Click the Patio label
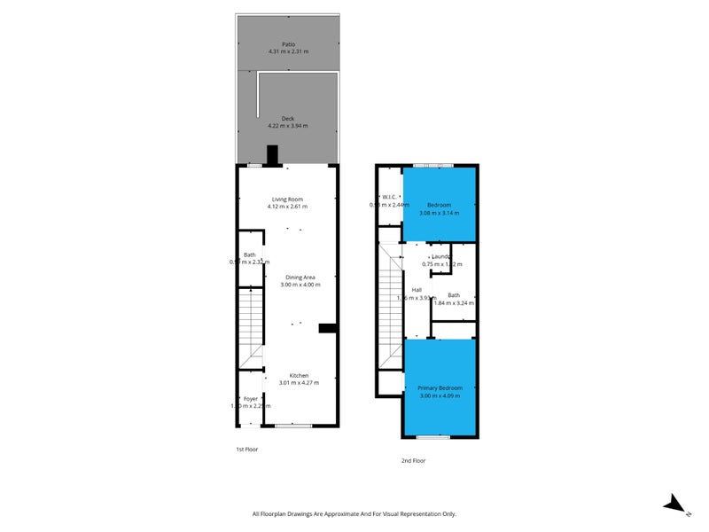(288, 43)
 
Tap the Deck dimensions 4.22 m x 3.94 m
(288, 126)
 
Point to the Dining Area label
(300, 278)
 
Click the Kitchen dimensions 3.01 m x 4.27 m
(300, 383)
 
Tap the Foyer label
(251, 399)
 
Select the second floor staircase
(391, 306)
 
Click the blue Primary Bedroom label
(441, 387)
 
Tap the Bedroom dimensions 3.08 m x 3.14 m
(440, 213)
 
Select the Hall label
(417, 290)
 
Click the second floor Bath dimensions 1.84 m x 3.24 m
(454, 303)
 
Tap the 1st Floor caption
(247, 450)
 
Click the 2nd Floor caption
(414, 460)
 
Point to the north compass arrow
(676, 505)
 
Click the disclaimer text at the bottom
(354, 513)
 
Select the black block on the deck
(273, 155)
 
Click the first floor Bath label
(250, 254)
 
